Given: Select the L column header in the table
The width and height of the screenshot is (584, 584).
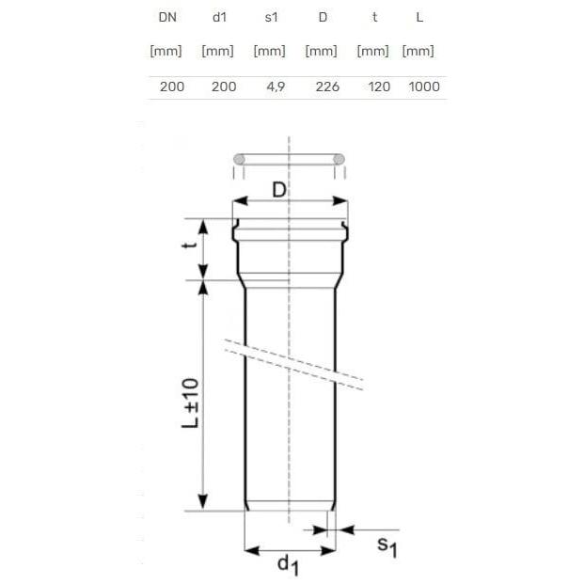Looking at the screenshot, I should pos(418,17).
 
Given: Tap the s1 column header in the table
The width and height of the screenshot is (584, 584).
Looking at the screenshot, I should pos(269,17).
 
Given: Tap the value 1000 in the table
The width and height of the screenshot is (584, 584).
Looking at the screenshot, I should pos(424,87).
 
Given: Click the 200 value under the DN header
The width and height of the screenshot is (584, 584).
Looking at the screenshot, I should pos(172,87).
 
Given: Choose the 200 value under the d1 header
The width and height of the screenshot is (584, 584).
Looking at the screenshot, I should pos(224,87).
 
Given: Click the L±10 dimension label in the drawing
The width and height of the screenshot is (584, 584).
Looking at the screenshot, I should pos(190,403).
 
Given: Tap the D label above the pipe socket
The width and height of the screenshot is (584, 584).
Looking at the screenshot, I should pos(279,190).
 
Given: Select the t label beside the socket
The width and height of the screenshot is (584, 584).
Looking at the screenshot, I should pos(191,246).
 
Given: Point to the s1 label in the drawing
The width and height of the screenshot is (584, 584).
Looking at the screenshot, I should pos(387,545).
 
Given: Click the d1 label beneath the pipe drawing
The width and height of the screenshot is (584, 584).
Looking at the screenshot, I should pos(288,564).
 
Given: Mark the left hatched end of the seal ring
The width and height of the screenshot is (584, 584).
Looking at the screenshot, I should pos(239,159).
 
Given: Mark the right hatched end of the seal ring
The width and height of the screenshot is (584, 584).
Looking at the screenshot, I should pos(339,159).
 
